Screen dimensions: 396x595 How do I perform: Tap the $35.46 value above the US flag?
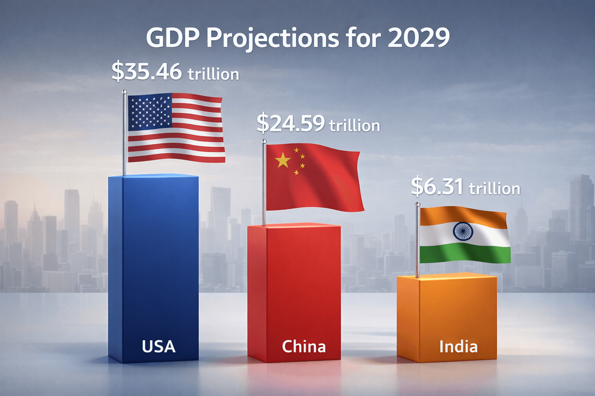click(146, 72)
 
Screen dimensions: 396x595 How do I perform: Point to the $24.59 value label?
click(291, 123)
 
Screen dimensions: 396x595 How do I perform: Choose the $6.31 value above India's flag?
click(437, 186)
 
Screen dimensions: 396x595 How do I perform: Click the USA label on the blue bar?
click(158, 346)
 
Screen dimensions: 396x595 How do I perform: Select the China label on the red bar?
click(304, 346)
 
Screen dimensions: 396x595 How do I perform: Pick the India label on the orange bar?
click(458, 346)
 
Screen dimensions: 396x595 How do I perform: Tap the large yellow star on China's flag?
click(283, 160)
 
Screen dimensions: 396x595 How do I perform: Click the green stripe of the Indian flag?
click(465, 253)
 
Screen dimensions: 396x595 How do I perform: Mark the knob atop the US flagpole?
click(124, 92)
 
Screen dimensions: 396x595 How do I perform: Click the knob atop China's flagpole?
click(264, 142)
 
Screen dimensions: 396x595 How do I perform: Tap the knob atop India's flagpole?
click(417, 204)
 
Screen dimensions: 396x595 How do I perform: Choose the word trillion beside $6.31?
click(494, 189)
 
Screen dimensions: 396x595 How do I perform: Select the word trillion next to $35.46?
click(213, 74)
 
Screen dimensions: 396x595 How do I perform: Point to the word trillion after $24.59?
click(354, 126)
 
